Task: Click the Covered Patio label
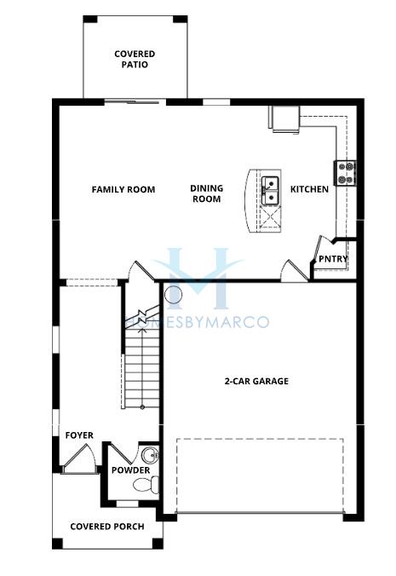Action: (135, 59)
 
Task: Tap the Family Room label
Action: (123, 189)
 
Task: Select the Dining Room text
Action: (207, 193)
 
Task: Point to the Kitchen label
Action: (309, 189)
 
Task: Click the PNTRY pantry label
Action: (333, 259)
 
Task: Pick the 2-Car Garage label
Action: (256, 381)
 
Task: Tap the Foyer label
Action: (79, 435)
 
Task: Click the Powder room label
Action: (130, 470)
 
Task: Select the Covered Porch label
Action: (107, 527)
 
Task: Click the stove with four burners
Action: (346, 173)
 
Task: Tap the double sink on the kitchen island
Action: (271, 191)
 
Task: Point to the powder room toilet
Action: (146, 485)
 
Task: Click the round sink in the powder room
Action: (149, 456)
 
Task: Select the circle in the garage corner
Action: (173, 295)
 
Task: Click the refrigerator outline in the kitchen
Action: (285, 118)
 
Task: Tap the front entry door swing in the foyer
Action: (79, 459)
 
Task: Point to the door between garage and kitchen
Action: (295, 271)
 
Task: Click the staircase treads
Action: (142, 367)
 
